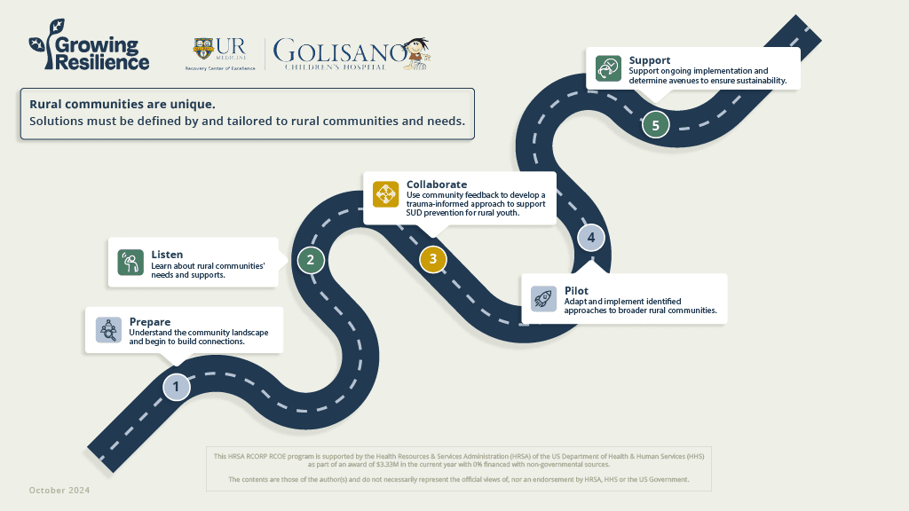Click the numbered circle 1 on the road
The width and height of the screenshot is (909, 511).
click(x=176, y=387)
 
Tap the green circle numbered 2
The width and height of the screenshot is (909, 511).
click(x=311, y=260)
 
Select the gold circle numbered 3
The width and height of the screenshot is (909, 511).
click(x=432, y=259)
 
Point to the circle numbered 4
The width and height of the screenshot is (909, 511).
click(x=591, y=238)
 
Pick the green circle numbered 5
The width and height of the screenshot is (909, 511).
click(x=655, y=125)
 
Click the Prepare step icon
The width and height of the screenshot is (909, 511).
click(x=108, y=330)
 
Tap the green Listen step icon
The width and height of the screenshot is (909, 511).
click(x=130, y=262)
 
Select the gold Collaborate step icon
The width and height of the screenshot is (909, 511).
click(x=386, y=194)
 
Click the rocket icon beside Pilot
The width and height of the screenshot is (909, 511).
click(x=543, y=298)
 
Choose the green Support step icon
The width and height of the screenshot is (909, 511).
click(x=608, y=68)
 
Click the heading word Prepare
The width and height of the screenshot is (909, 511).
click(x=149, y=321)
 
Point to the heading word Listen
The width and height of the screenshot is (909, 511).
click(x=167, y=255)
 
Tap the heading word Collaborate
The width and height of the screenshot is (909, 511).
click(x=437, y=185)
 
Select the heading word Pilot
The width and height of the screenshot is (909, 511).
click(x=576, y=291)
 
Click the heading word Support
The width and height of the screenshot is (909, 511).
click(x=650, y=60)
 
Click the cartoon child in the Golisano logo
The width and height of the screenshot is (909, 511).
click(x=417, y=52)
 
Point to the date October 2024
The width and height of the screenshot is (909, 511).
click(x=59, y=491)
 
